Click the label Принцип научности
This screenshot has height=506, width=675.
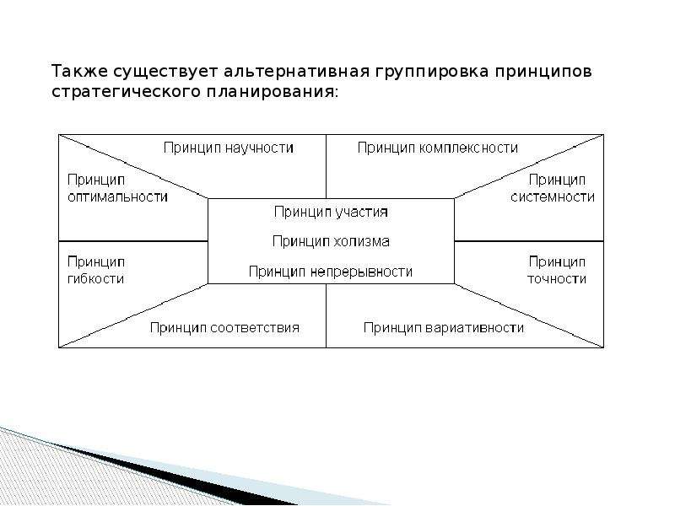coord(229,148)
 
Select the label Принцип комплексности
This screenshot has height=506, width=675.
coord(438,148)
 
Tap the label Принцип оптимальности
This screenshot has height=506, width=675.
coord(117,188)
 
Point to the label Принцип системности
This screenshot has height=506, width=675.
coord(553,188)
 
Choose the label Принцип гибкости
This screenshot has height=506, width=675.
coord(96,271)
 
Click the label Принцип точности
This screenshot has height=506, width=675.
coord(557,271)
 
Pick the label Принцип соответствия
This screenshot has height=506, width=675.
coord(224,328)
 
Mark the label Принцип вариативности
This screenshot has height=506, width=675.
coord(444,328)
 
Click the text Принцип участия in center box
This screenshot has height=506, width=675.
coord(331,213)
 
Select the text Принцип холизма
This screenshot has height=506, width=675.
coord(331,242)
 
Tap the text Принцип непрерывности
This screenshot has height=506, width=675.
coord(331,272)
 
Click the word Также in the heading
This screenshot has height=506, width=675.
coord(79,72)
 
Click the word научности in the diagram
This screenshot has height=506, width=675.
coord(259,148)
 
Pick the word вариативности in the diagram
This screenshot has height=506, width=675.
coord(474,328)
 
